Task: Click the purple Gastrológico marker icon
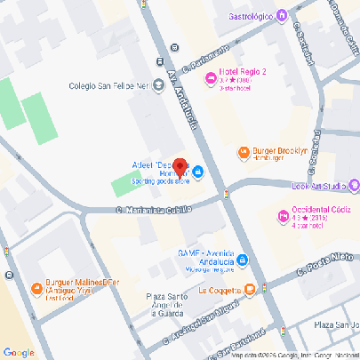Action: [x=281, y=13]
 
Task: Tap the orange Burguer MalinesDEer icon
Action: [x=21, y=288]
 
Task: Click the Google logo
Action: [x=19, y=352]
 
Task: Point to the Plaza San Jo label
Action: [x=338, y=325]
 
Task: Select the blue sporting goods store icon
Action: [x=198, y=172]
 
